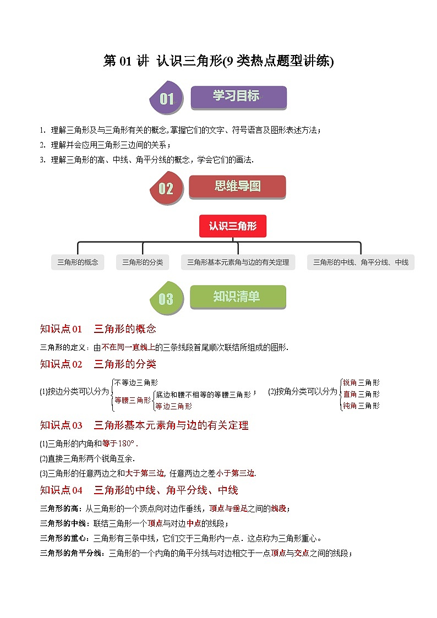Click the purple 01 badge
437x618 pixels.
click(166, 98)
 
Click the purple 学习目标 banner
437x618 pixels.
click(238, 97)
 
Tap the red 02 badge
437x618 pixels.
click(166, 188)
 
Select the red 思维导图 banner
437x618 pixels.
click(237, 187)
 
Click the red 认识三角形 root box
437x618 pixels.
click(232, 226)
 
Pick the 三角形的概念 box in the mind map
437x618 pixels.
click(78, 262)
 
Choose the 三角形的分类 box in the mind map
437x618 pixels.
click(143, 262)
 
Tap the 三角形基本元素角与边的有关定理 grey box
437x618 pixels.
click(238, 262)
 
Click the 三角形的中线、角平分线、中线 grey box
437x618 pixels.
click(360, 262)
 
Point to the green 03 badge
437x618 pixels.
click(166, 298)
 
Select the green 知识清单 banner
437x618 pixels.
click(238, 297)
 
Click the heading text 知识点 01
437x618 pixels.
click(61, 329)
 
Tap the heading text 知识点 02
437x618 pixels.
click(61, 364)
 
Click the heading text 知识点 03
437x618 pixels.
click(61, 425)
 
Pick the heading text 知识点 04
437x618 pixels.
click(61, 490)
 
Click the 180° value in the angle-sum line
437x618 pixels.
click(126, 444)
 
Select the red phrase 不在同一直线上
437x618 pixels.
click(128, 347)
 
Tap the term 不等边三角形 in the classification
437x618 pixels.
click(136, 382)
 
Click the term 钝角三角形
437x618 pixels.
click(362, 406)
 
